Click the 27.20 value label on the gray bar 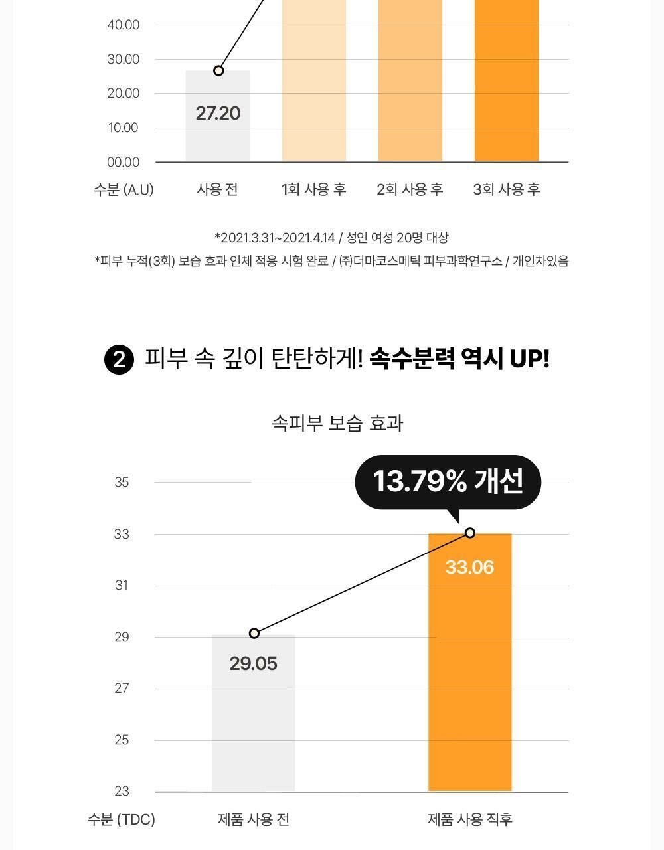(x=218, y=113)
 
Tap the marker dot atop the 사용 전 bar (x=218, y=70)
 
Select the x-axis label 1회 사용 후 (x=314, y=189)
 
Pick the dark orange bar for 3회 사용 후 (x=507, y=80)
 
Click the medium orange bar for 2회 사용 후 (x=410, y=80)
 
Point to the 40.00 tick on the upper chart (x=123, y=25)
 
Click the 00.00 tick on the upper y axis (x=123, y=162)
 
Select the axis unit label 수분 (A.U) (x=124, y=189)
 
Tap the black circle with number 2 (x=119, y=360)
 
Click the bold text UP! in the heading (x=529, y=359)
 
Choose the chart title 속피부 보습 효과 (x=337, y=423)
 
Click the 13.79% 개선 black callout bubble (x=448, y=481)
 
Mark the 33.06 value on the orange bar (x=469, y=568)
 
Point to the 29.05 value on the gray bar (x=253, y=663)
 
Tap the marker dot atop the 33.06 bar (x=470, y=533)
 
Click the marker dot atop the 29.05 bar (x=254, y=634)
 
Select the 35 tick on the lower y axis (x=122, y=482)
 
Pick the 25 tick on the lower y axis (x=122, y=740)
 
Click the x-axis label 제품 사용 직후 (x=469, y=819)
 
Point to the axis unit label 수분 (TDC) (x=122, y=819)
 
